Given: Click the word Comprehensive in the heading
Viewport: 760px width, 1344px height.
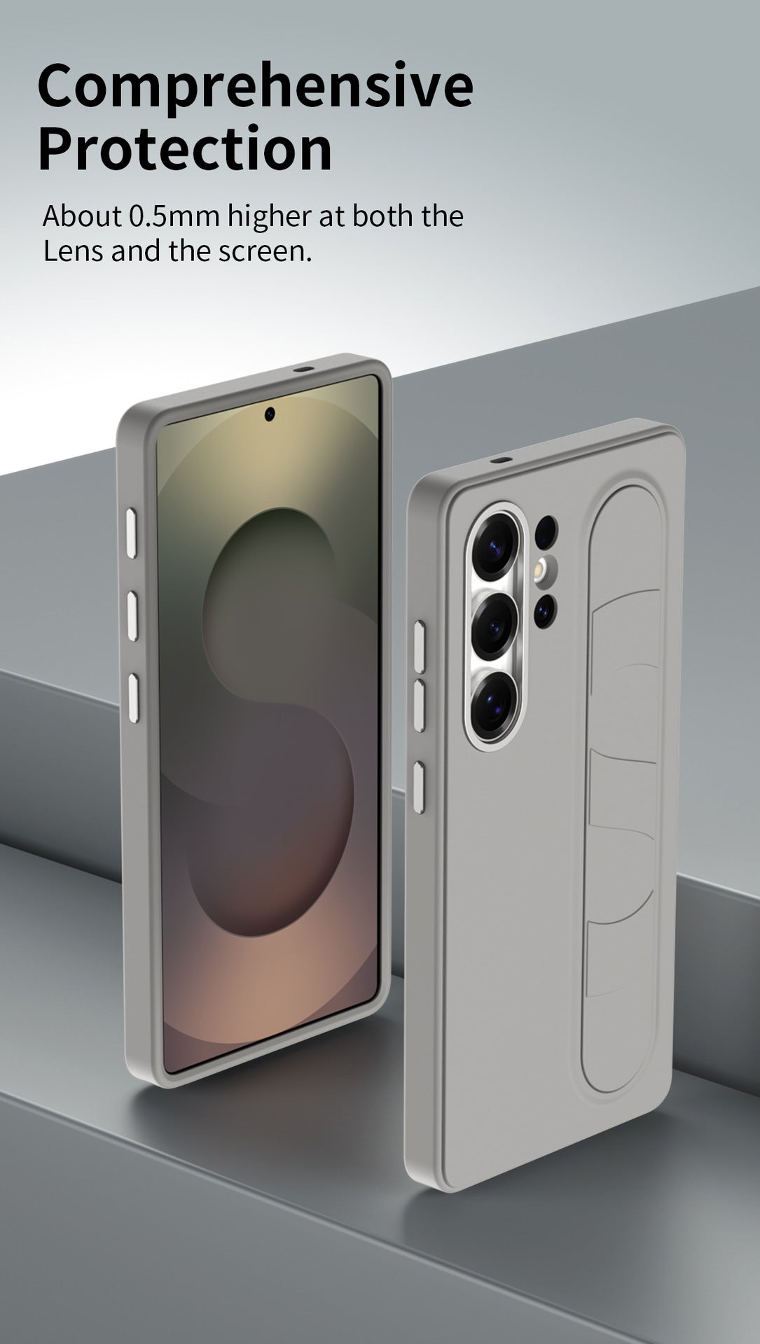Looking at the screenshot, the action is point(255,86).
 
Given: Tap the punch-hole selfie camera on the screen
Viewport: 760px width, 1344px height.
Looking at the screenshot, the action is point(270,414).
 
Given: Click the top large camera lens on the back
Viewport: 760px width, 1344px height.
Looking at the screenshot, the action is point(495,542).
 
